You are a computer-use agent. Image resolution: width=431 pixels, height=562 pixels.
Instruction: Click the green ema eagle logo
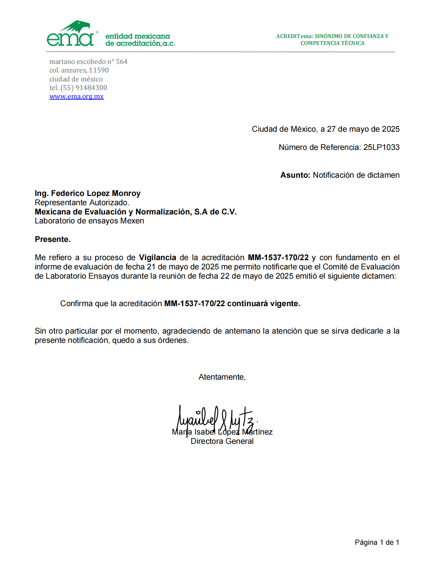click(x=71, y=34)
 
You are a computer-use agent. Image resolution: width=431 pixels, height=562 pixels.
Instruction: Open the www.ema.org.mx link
click(x=76, y=97)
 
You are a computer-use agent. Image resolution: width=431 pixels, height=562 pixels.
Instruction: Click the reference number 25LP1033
click(x=381, y=147)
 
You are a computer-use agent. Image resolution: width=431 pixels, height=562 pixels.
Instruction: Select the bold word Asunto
click(x=295, y=175)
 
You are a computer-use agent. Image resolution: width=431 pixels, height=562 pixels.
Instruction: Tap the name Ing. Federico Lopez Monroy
click(x=88, y=193)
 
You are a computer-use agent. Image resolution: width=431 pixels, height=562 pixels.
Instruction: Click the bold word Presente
click(x=53, y=239)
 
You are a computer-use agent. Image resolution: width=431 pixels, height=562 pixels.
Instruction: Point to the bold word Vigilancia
click(x=157, y=258)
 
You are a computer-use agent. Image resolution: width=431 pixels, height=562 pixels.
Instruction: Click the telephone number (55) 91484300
click(x=84, y=88)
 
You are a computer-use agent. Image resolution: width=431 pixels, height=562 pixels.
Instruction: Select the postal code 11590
click(x=99, y=70)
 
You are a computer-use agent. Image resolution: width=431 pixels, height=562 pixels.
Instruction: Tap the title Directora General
click(x=222, y=441)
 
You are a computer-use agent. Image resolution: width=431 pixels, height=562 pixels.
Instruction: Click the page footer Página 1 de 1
click(x=377, y=542)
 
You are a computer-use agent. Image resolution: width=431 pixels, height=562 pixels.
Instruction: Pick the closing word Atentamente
click(x=222, y=377)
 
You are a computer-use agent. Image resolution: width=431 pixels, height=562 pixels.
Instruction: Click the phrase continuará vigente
click(x=263, y=304)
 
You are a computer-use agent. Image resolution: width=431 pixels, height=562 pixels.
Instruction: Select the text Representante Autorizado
click(x=82, y=203)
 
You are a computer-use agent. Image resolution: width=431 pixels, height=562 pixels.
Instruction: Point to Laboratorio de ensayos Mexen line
click(x=89, y=221)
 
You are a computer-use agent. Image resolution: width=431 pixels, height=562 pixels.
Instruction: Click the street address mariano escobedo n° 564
click(x=88, y=62)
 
